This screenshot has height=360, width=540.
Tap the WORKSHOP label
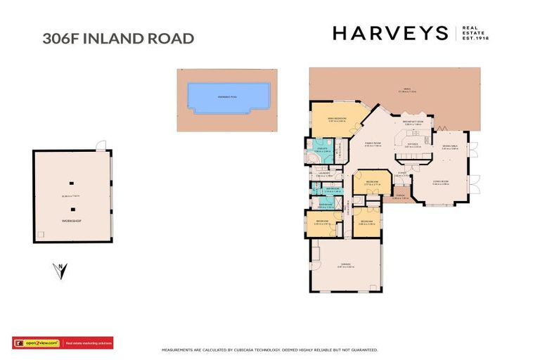click(71, 221)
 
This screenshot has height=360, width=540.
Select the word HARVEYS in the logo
click(390, 33)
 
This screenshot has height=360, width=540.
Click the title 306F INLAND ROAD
click(118, 38)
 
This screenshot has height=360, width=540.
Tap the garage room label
click(344, 266)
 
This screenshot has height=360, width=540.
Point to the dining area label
click(450, 146)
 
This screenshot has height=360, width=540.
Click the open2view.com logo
click(37, 343)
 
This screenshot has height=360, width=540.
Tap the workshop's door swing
click(103, 146)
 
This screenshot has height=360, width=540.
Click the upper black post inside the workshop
click(71, 184)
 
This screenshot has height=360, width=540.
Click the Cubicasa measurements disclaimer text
click(270, 349)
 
